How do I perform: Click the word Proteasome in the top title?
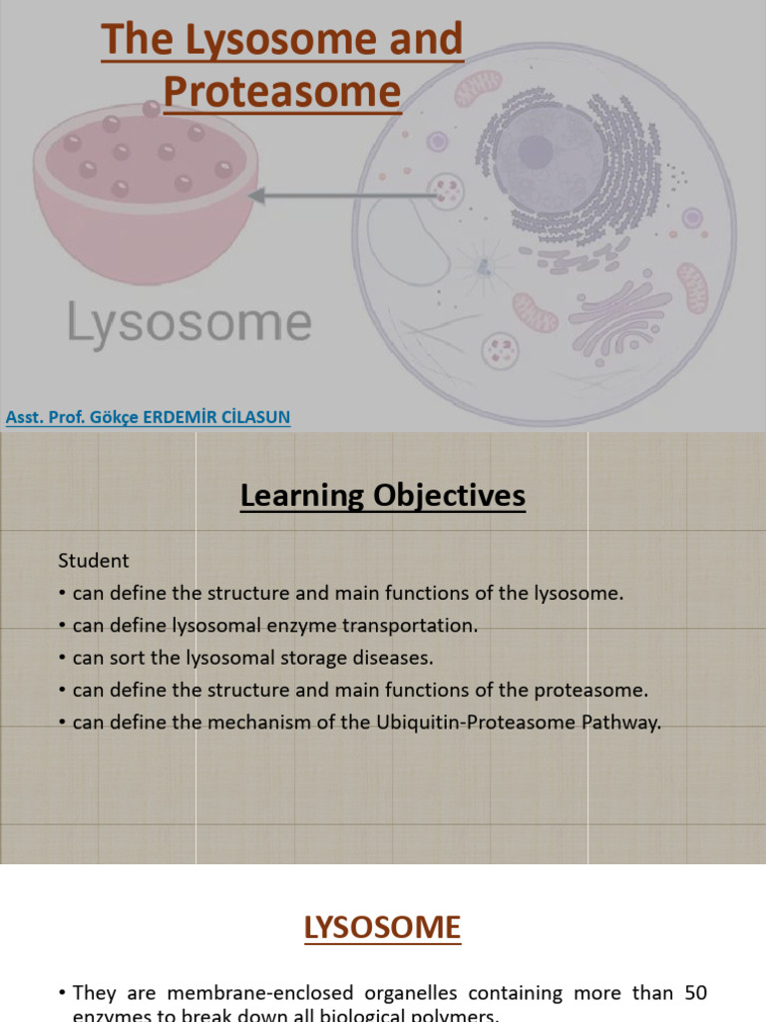[x=282, y=91]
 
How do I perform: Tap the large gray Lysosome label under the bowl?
[x=190, y=324]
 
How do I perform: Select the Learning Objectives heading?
[x=382, y=495]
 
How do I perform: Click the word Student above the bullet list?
[x=94, y=561]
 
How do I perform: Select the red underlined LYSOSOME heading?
[x=382, y=927]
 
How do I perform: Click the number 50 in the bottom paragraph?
[x=696, y=993]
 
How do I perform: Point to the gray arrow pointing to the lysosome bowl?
[x=339, y=197]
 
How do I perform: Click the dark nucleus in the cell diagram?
[x=548, y=158]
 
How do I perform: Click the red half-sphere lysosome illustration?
[x=146, y=190]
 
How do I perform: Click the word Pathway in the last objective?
[x=621, y=723]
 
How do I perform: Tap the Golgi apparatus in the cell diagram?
[x=618, y=319]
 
